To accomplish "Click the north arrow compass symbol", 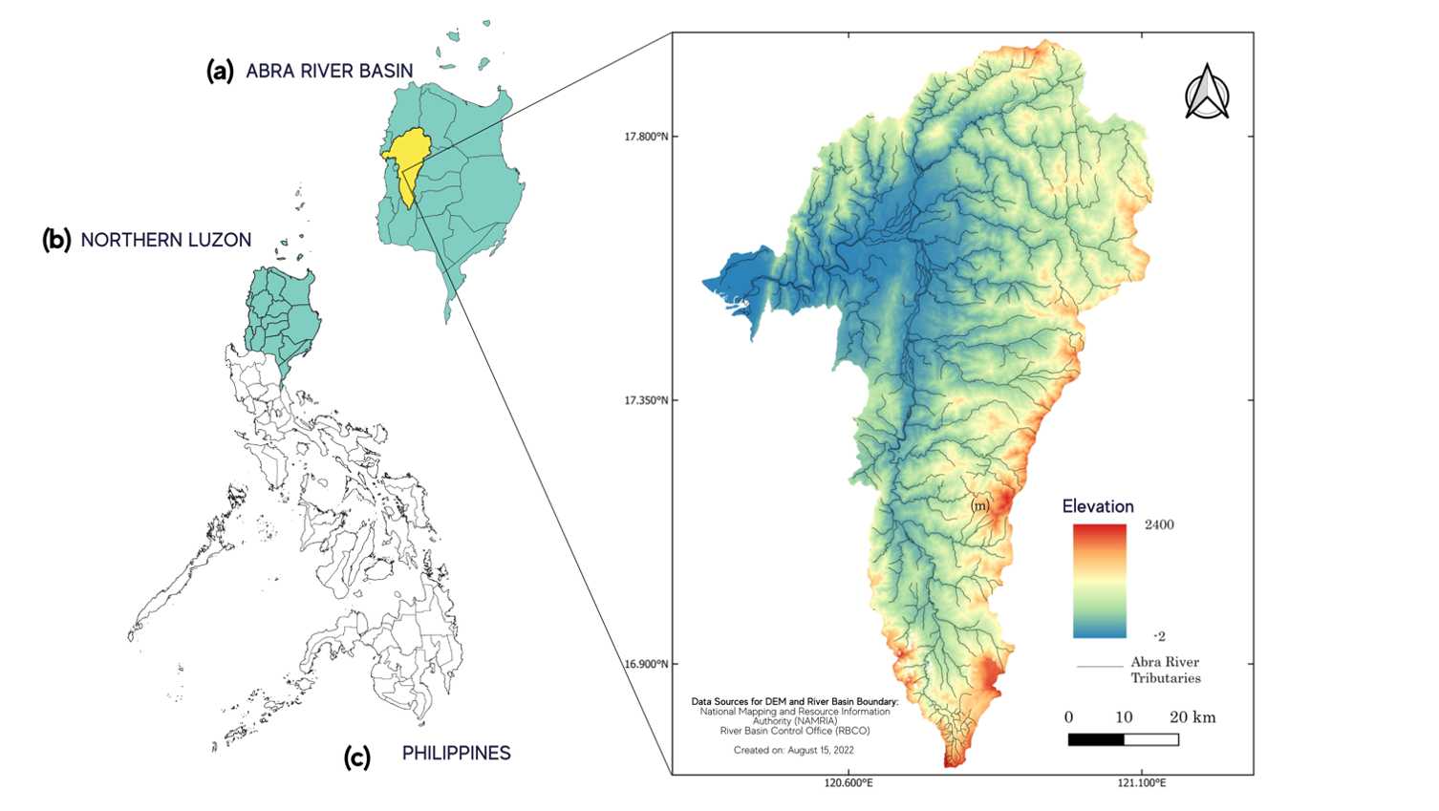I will coord(1207,93).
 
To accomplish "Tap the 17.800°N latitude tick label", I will coord(646,137).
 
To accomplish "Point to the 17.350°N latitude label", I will coord(646,400).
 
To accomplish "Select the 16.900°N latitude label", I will coord(646,664).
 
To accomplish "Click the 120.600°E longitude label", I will coord(848,783).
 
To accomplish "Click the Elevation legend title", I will coord(1098,506).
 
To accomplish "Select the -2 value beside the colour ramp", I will coord(1159,636).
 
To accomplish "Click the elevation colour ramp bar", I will coord(1099,581).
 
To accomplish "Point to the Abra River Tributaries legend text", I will coord(1165,670).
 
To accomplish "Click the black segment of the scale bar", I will coord(1095,739).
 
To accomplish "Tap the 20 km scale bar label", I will coord(1192,717).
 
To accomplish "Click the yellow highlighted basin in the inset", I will coord(405,158).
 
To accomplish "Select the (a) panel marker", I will coord(220,71).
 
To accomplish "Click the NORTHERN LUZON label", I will coord(165,240).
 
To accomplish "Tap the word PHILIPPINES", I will coord(456,754).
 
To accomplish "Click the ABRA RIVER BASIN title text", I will coord(329,71).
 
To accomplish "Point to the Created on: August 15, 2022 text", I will coord(793,750).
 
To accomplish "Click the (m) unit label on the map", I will coord(979,504).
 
